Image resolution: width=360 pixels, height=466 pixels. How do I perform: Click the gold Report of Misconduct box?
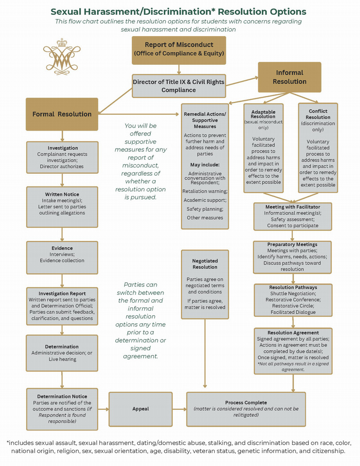click(179, 50)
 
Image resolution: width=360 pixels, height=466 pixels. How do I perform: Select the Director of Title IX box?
click(179, 86)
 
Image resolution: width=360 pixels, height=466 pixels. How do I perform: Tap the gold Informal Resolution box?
click(289, 77)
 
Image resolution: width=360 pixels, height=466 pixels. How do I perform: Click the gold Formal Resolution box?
click(62, 114)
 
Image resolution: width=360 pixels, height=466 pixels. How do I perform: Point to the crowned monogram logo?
click(61, 56)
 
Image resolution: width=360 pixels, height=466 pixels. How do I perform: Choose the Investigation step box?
click(63, 157)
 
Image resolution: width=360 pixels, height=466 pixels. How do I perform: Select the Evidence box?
click(63, 254)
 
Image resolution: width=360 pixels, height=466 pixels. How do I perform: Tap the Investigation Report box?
click(63, 306)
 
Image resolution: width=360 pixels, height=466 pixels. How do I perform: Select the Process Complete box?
click(246, 409)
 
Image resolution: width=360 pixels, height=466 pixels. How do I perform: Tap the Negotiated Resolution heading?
click(205, 263)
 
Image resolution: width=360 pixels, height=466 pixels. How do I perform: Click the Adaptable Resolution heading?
click(263, 113)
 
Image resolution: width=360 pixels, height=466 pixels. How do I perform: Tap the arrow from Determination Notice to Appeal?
click(103, 409)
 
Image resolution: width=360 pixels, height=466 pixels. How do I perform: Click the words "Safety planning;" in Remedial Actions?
click(205, 209)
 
